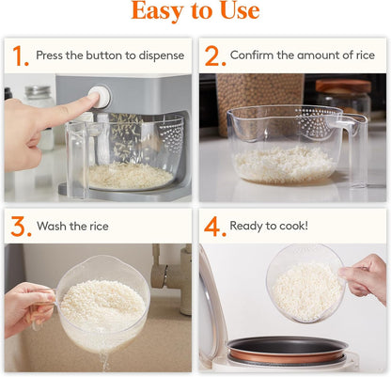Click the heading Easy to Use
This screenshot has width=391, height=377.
point(195,12)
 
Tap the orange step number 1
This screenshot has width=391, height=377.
point(19,55)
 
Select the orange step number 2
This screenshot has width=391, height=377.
point(214,55)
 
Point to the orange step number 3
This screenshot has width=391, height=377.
point(19,227)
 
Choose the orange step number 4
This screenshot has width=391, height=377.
point(214,227)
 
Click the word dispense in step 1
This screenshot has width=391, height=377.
point(161,55)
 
